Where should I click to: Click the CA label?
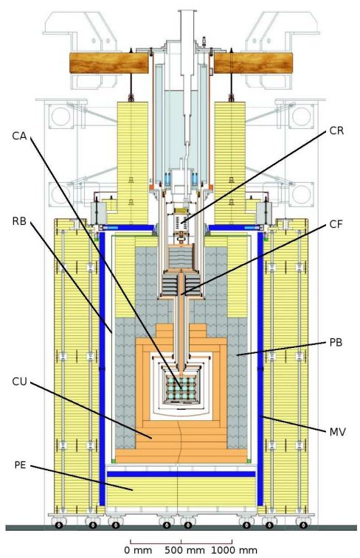coord(19,136)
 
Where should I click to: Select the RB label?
coord(19,221)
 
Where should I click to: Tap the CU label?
coord(19,382)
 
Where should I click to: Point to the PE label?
coord(21,465)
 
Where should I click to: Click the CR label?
coord(336,130)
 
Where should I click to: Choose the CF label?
coord(336,224)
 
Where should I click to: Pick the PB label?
coord(336,342)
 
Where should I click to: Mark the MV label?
coord(338,432)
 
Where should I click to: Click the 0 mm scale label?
coord(138,550)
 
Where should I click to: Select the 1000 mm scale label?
coord(234,550)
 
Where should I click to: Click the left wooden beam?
coord(108,63)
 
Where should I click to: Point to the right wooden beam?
coord(253,63)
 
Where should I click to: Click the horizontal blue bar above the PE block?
coord(181,474)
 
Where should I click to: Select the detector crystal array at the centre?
coord(181,387)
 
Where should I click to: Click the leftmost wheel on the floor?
coord(59,525)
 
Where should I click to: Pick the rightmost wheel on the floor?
coord(303,525)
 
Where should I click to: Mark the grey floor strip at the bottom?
coord(181,528)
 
